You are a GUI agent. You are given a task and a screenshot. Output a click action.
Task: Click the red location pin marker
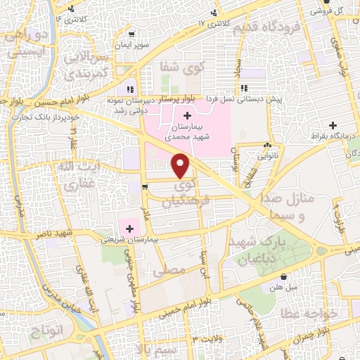point(182,166)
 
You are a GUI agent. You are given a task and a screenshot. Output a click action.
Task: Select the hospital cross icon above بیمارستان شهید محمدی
point(187,114)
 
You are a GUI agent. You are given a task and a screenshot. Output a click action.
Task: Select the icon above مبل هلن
point(282,276)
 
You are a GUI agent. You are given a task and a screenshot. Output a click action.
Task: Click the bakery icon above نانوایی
point(267,146)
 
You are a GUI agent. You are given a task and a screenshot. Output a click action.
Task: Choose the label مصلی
point(173,269)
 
